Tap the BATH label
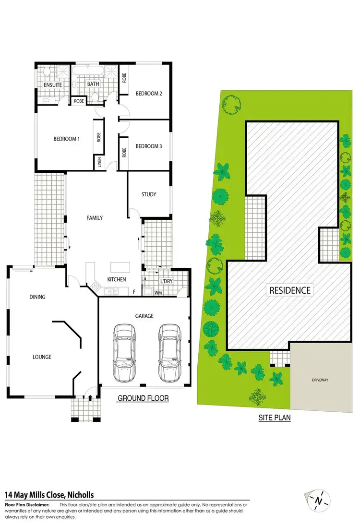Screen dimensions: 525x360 [93, 85]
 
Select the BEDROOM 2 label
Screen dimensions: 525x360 [148, 94]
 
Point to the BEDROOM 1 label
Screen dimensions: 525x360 [66, 139]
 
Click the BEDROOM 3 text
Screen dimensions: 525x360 [148, 146]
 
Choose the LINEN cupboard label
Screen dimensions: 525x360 [100, 162]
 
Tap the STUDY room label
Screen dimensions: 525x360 [148, 194]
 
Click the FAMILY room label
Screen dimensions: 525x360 [95, 218]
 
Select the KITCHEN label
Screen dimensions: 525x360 [117, 279]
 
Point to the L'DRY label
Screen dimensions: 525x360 [167, 281]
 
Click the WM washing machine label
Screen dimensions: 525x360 [158, 292]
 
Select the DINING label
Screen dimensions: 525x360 [37, 297]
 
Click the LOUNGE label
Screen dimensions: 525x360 [42, 357]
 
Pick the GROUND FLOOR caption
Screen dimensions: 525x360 [143, 398]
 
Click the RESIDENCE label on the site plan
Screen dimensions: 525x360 [289, 290]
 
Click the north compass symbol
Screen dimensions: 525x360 [318, 501]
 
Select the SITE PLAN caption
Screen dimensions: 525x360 [275, 418]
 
